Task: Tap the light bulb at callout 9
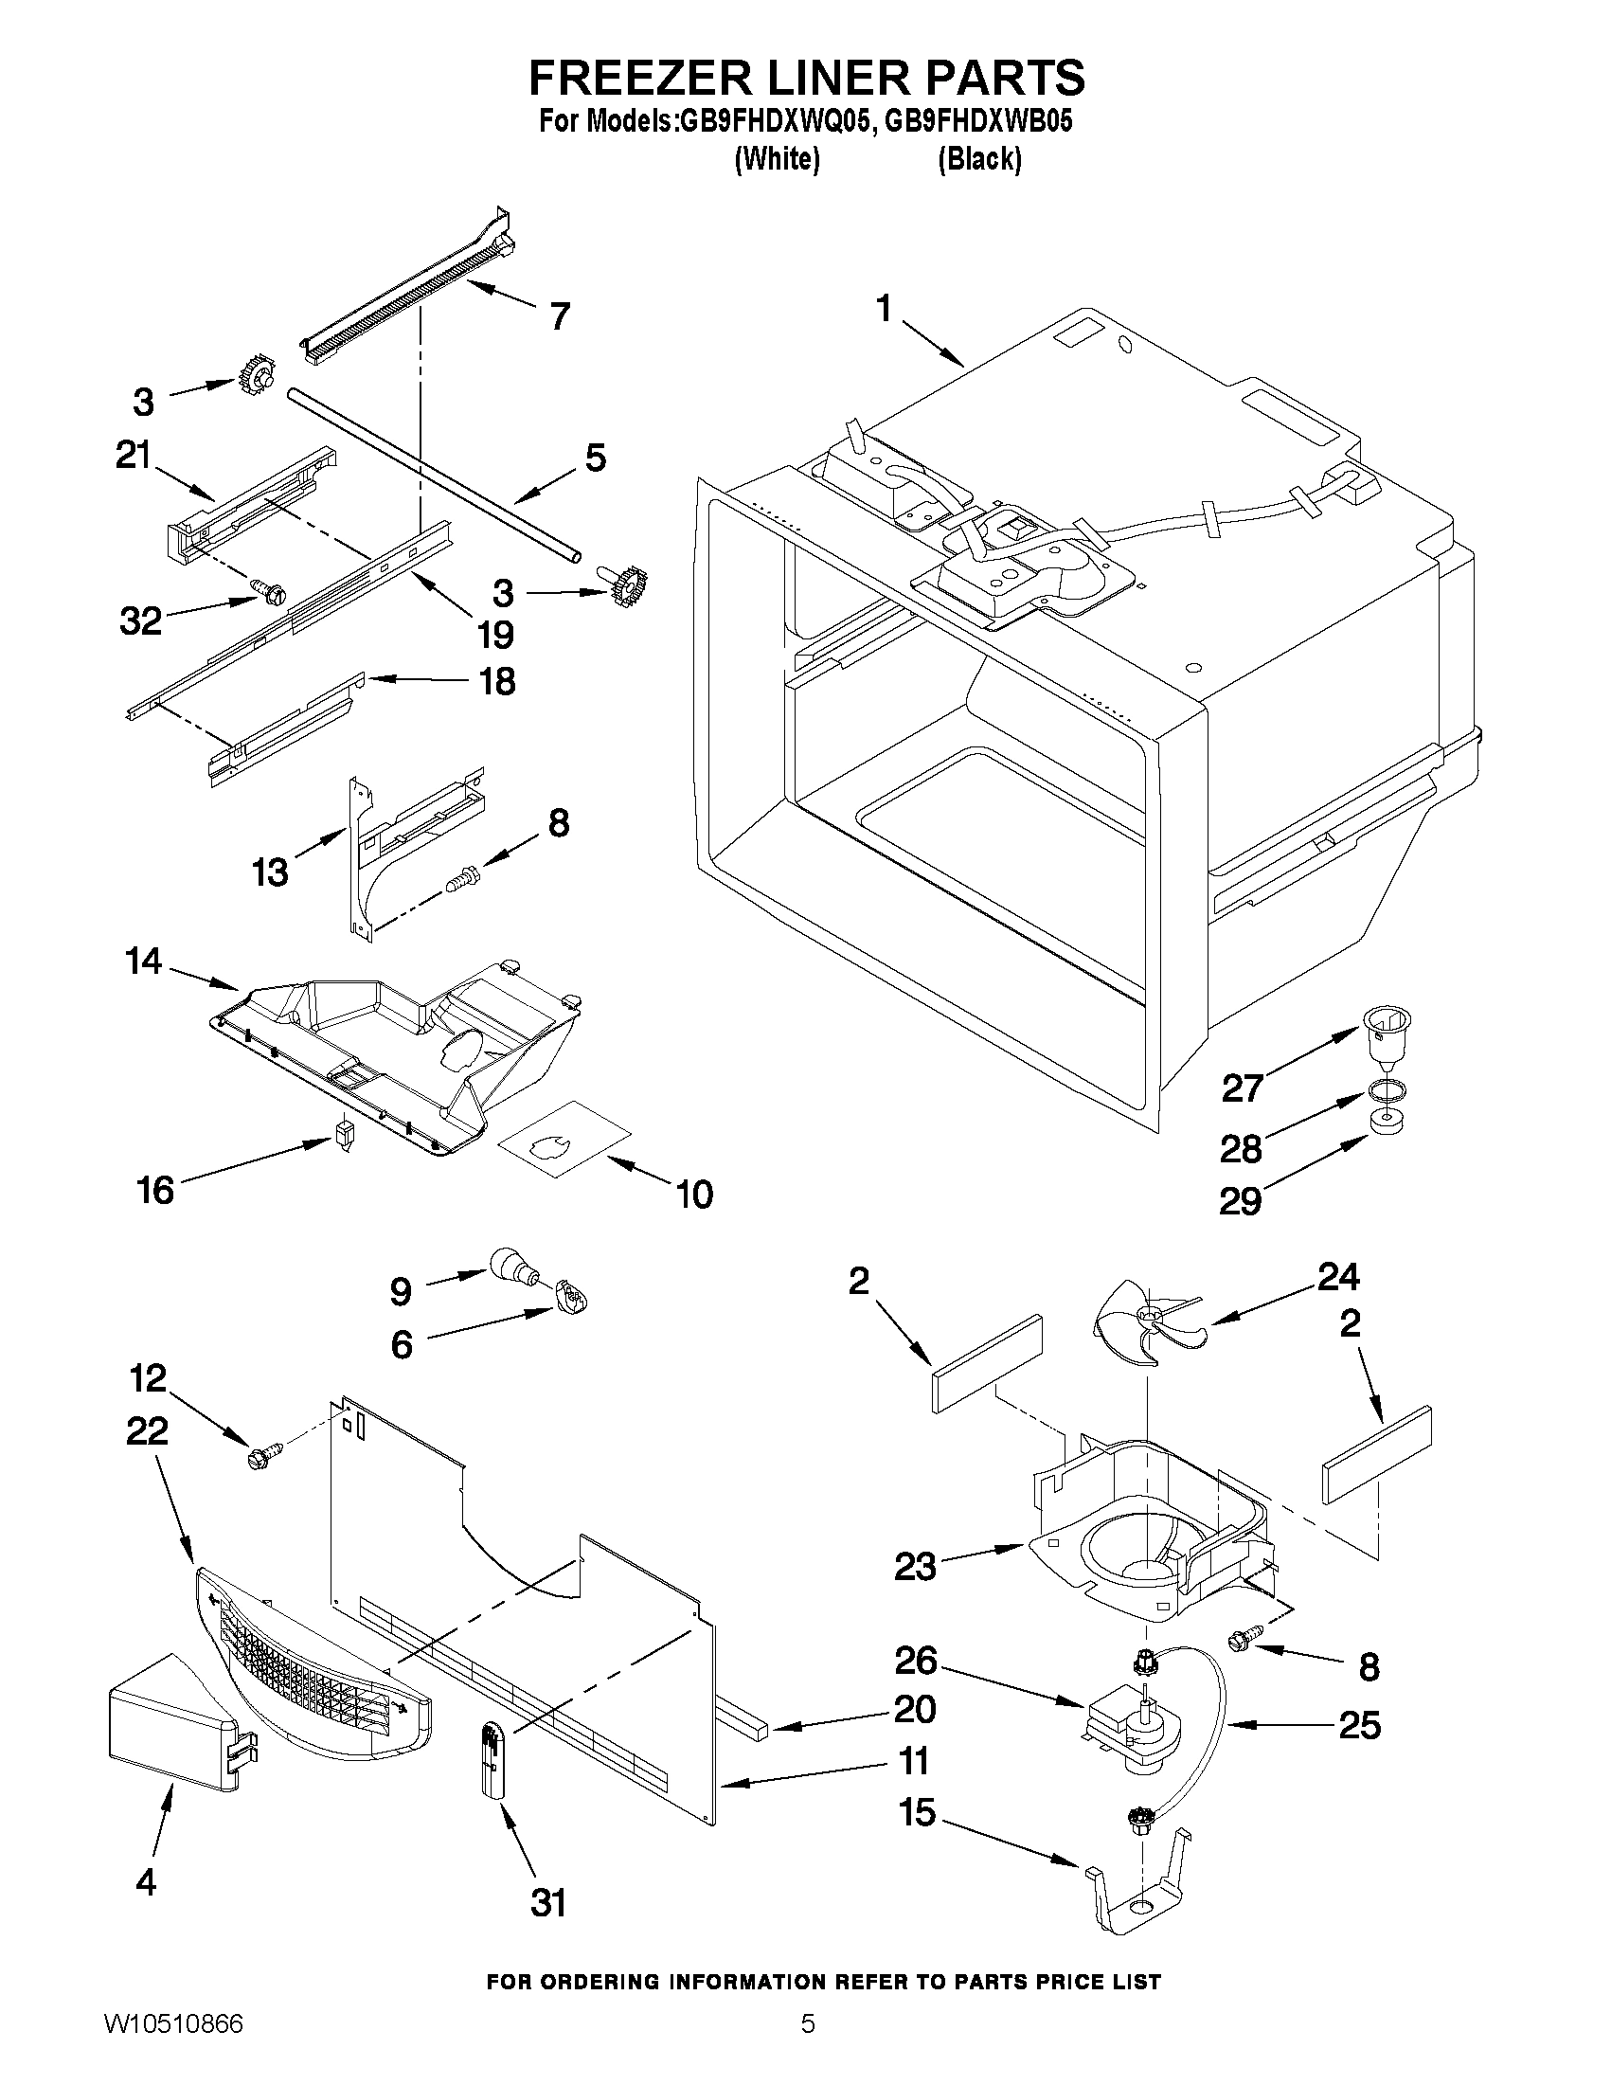(511, 1268)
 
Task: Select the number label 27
(1242, 1088)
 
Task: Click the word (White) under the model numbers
(777, 159)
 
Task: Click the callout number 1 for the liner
(884, 310)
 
